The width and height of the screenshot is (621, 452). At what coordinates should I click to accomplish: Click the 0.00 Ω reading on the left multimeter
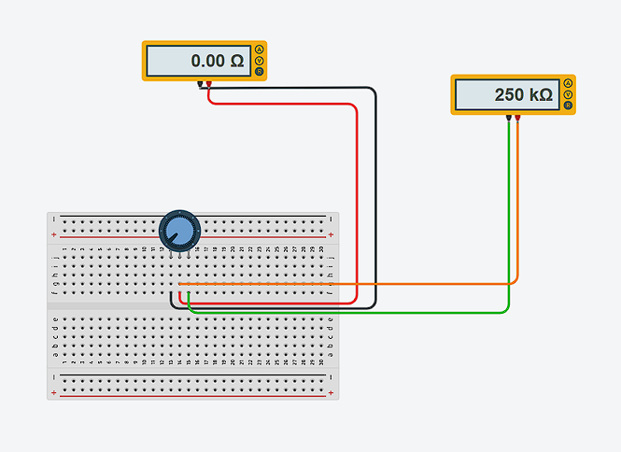(217, 61)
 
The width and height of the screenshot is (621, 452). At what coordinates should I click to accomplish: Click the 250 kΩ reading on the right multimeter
(523, 95)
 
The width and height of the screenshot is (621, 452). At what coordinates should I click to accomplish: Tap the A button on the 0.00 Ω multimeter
(259, 50)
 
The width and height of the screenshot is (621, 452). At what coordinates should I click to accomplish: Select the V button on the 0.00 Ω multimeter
(259, 61)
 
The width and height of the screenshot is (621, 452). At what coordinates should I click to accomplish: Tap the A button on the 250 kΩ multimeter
(568, 84)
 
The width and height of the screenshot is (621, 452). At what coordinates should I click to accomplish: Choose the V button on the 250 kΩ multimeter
(568, 95)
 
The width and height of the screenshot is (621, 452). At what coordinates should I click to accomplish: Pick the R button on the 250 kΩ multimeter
(568, 106)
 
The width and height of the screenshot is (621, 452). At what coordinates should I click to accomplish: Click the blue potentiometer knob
(178, 230)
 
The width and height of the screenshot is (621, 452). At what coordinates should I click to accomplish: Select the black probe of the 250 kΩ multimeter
(509, 120)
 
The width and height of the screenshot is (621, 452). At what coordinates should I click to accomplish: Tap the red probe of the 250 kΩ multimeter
(517, 120)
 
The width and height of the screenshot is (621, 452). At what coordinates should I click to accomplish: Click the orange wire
(374, 283)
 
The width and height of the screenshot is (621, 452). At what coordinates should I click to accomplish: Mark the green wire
(374, 312)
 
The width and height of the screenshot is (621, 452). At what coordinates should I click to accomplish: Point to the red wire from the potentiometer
(358, 187)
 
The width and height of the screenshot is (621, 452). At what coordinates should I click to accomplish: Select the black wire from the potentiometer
(375, 187)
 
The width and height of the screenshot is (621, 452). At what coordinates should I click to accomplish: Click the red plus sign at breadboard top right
(331, 234)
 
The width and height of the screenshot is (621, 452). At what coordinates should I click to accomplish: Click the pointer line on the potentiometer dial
(173, 236)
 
